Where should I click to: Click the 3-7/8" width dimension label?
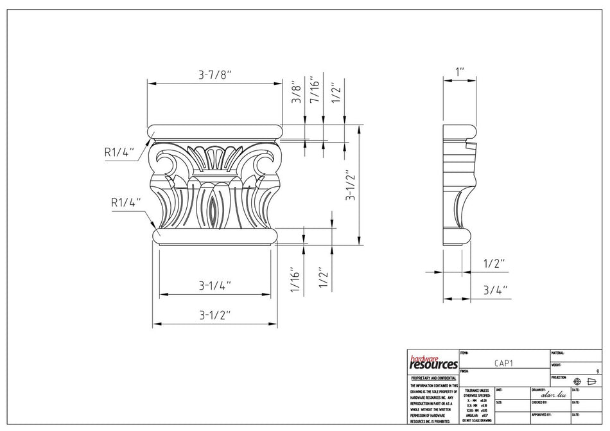tap(214, 75)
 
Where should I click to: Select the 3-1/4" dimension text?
tap(214, 285)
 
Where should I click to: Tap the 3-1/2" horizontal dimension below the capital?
tap(214, 315)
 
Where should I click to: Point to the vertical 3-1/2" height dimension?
tap(350, 186)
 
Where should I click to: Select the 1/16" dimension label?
tap(297, 280)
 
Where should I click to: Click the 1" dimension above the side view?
tap(460, 71)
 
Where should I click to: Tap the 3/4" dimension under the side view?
tap(495, 290)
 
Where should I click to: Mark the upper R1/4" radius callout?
tap(119, 152)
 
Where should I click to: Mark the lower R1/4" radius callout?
tap(125, 202)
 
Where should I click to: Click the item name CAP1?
tap(503, 363)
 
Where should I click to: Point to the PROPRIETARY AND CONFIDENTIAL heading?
tap(433, 378)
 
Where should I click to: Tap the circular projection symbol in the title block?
tap(576, 382)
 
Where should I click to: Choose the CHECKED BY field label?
tap(539, 402)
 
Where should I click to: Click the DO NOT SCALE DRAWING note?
tap(476, 420)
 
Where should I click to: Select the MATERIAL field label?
tap(558, 353)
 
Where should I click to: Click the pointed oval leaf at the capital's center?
tap(213, 209)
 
